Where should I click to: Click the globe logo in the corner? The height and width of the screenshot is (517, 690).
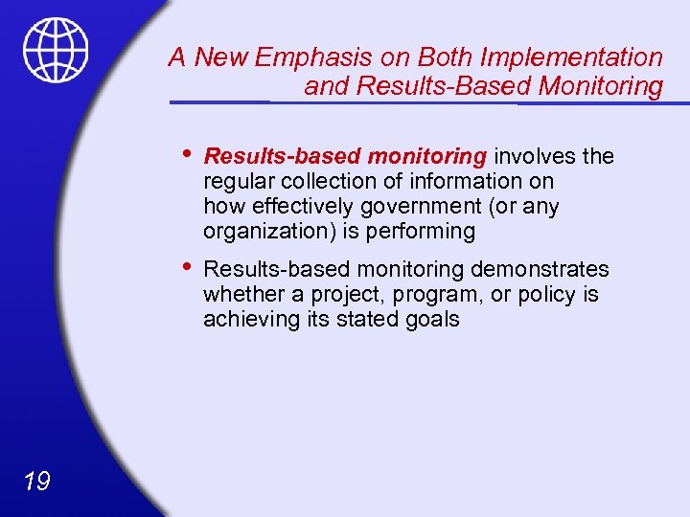click(57, 50)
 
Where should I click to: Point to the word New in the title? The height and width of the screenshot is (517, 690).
click(224, 57)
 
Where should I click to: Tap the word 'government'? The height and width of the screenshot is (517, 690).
click(435, 206)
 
